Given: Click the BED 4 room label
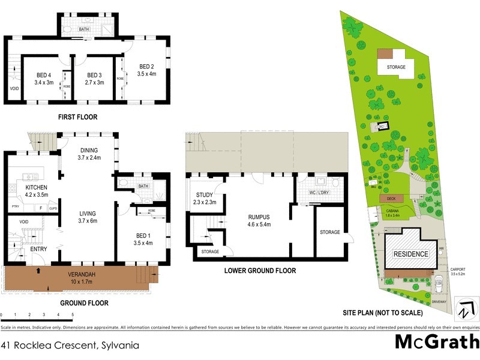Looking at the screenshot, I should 40,75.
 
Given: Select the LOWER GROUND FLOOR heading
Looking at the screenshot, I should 260,271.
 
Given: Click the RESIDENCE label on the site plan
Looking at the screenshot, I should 410,254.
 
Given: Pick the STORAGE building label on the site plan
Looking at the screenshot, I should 396,67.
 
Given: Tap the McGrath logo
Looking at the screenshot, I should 437,342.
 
